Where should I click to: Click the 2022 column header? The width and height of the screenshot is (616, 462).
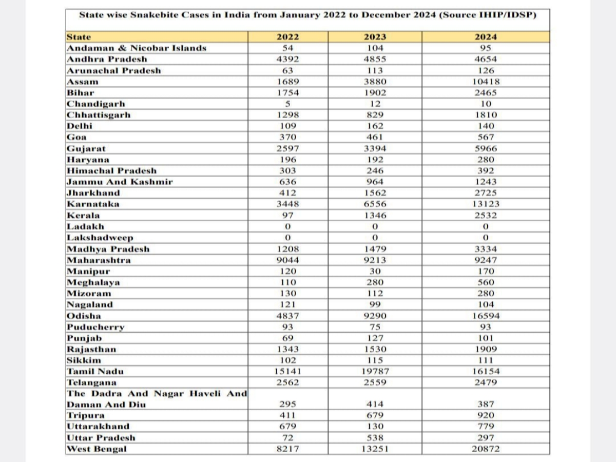287,37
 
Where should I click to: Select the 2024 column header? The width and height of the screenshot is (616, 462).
485,37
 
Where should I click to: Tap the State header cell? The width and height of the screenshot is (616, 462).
79,37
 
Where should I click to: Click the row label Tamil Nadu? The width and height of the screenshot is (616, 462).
95,371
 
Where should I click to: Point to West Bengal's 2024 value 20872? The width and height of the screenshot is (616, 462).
485,449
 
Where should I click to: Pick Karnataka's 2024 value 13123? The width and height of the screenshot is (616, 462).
485,204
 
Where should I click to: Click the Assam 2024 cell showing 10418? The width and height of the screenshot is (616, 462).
485,82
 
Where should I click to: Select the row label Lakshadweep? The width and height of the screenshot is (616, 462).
100,238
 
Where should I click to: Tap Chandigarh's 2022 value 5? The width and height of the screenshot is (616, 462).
287,104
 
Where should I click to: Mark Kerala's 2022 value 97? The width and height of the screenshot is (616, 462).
287,216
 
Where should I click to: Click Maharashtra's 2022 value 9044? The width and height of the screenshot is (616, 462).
287,260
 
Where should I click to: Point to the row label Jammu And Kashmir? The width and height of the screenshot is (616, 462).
120,182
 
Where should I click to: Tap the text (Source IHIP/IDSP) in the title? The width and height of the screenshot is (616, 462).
488,15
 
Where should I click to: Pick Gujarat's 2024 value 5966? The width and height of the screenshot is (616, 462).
485,149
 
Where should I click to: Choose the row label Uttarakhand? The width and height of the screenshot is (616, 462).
98,426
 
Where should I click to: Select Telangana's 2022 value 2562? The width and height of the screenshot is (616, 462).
287,382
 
